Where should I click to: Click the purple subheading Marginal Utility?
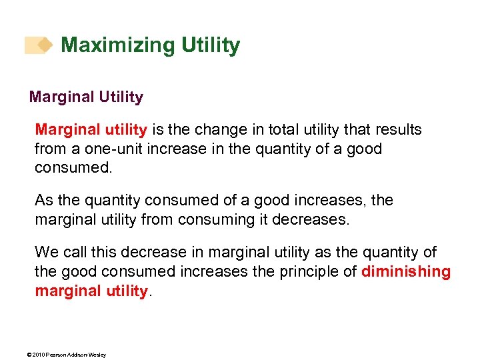point(86,97)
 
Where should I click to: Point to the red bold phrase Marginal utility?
point(92,129)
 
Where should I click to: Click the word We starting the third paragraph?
point(47,252)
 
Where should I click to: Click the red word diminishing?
point(405,271)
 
